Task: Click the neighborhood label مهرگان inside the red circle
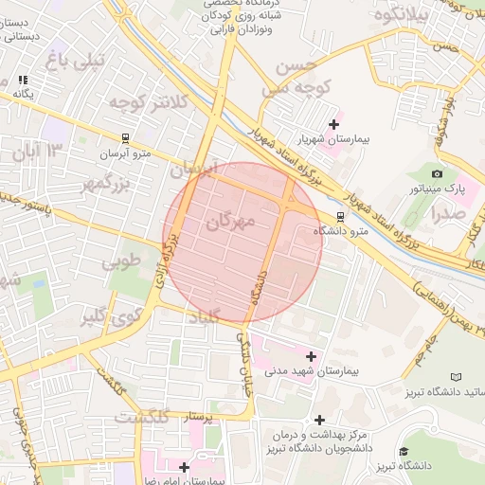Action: (231, 222)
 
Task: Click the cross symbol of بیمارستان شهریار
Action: (332, 124)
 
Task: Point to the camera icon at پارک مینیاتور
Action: (437, 173)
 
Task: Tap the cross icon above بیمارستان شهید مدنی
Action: (311, 356)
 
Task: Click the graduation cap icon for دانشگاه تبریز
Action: (404, 451)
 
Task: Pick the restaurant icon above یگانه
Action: (23, 81)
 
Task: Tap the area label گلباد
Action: (196, 316)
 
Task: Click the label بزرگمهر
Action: (87, 183)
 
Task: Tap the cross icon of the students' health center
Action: (319, 419)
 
